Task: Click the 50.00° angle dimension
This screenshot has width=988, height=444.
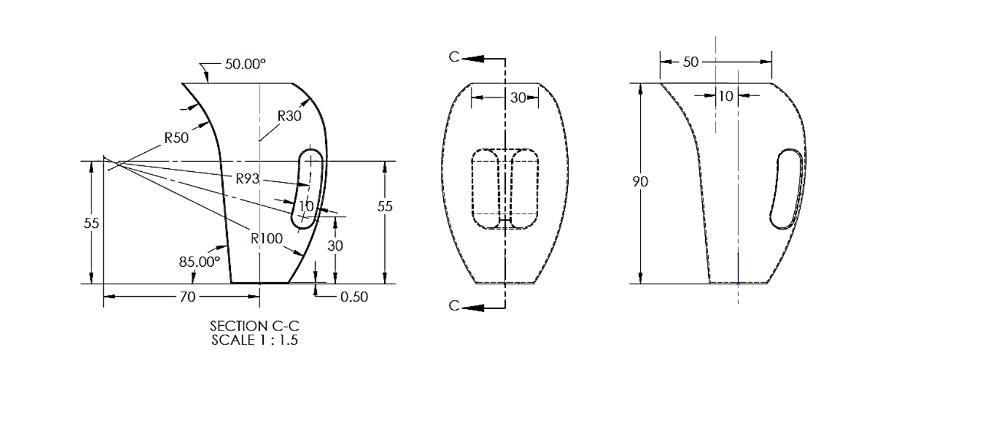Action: click(245, 64)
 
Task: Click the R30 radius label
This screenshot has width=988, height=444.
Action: click(289, 116)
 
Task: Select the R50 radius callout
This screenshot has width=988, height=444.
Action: click(177, 138)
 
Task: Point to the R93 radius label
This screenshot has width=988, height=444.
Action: click(248, 178)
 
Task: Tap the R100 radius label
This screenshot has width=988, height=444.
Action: click(266, 239)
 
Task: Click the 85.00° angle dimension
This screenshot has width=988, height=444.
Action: click(199, 261)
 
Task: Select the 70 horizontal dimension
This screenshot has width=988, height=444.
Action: click(187, 297)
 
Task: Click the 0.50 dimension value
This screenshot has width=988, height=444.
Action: click(354, 297)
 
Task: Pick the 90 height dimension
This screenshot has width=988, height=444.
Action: click(640, 181)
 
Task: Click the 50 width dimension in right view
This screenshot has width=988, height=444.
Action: click(690, 62)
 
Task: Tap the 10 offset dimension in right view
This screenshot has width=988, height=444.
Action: click(725, 96)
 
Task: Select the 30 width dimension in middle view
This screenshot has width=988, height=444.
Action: click(518, 97)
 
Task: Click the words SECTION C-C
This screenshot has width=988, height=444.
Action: click(254, 326)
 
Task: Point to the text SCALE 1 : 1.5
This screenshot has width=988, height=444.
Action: click(254, 340)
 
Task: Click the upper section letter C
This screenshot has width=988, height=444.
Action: click(455, 57)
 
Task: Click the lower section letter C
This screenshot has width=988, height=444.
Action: click(455, 306)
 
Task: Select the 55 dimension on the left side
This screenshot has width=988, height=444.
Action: click(91, 223)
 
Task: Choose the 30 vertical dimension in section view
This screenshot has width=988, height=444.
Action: click(335, 245)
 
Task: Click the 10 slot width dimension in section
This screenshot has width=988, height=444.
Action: click(306, 206)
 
